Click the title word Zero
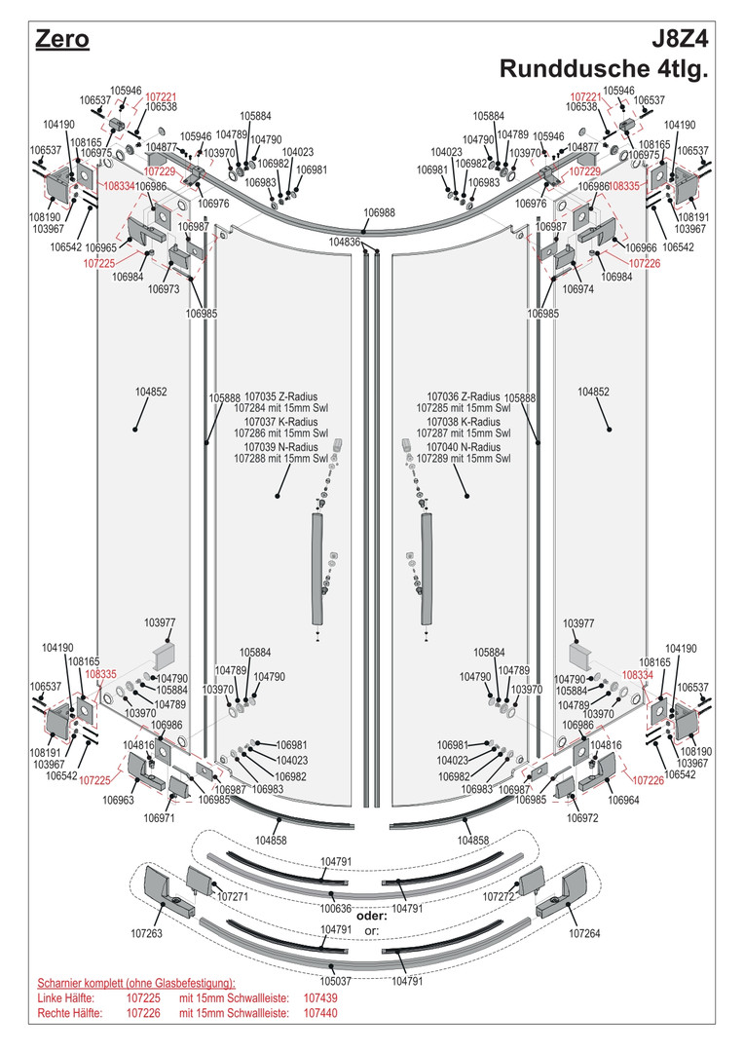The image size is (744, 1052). [62, 40]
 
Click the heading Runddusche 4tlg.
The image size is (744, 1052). [603, 69]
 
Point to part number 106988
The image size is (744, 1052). [380, 212]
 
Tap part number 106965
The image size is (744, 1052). [102, 248]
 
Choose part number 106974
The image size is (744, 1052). [578, 289]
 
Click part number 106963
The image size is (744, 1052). [118, 801]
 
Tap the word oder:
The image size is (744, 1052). [372, 917]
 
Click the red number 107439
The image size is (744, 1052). [320, 998]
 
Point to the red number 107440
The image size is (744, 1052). [320, 1013]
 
